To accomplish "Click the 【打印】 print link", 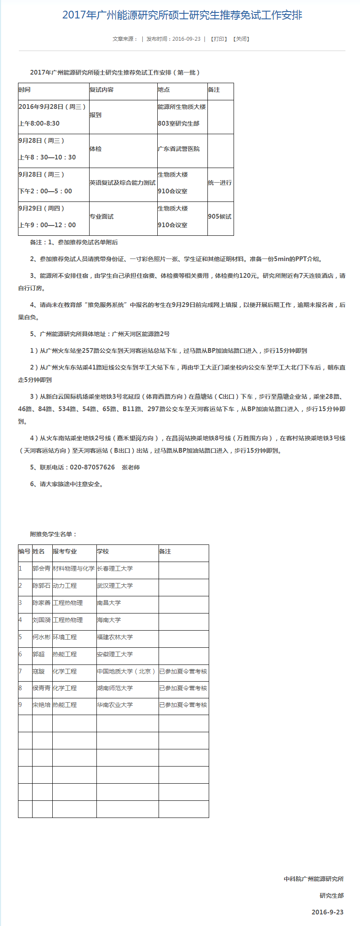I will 219,39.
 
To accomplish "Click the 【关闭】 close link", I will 241,39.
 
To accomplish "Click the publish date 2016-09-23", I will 186,39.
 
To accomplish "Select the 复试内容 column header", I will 102,90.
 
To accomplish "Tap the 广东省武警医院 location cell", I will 179,149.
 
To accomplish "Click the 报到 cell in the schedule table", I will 96,115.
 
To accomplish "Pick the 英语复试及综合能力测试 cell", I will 123,183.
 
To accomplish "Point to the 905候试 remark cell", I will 219,217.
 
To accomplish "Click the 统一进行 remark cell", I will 220,183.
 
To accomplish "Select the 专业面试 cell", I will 102,217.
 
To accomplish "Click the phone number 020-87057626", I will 92,467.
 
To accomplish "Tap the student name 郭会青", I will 42,569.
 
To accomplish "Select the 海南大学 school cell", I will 109,620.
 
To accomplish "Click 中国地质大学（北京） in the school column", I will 126,672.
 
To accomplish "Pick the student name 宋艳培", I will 42,705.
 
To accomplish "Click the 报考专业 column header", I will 65,552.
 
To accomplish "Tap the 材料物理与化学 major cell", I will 74,569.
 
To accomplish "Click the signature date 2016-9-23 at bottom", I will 327,912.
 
